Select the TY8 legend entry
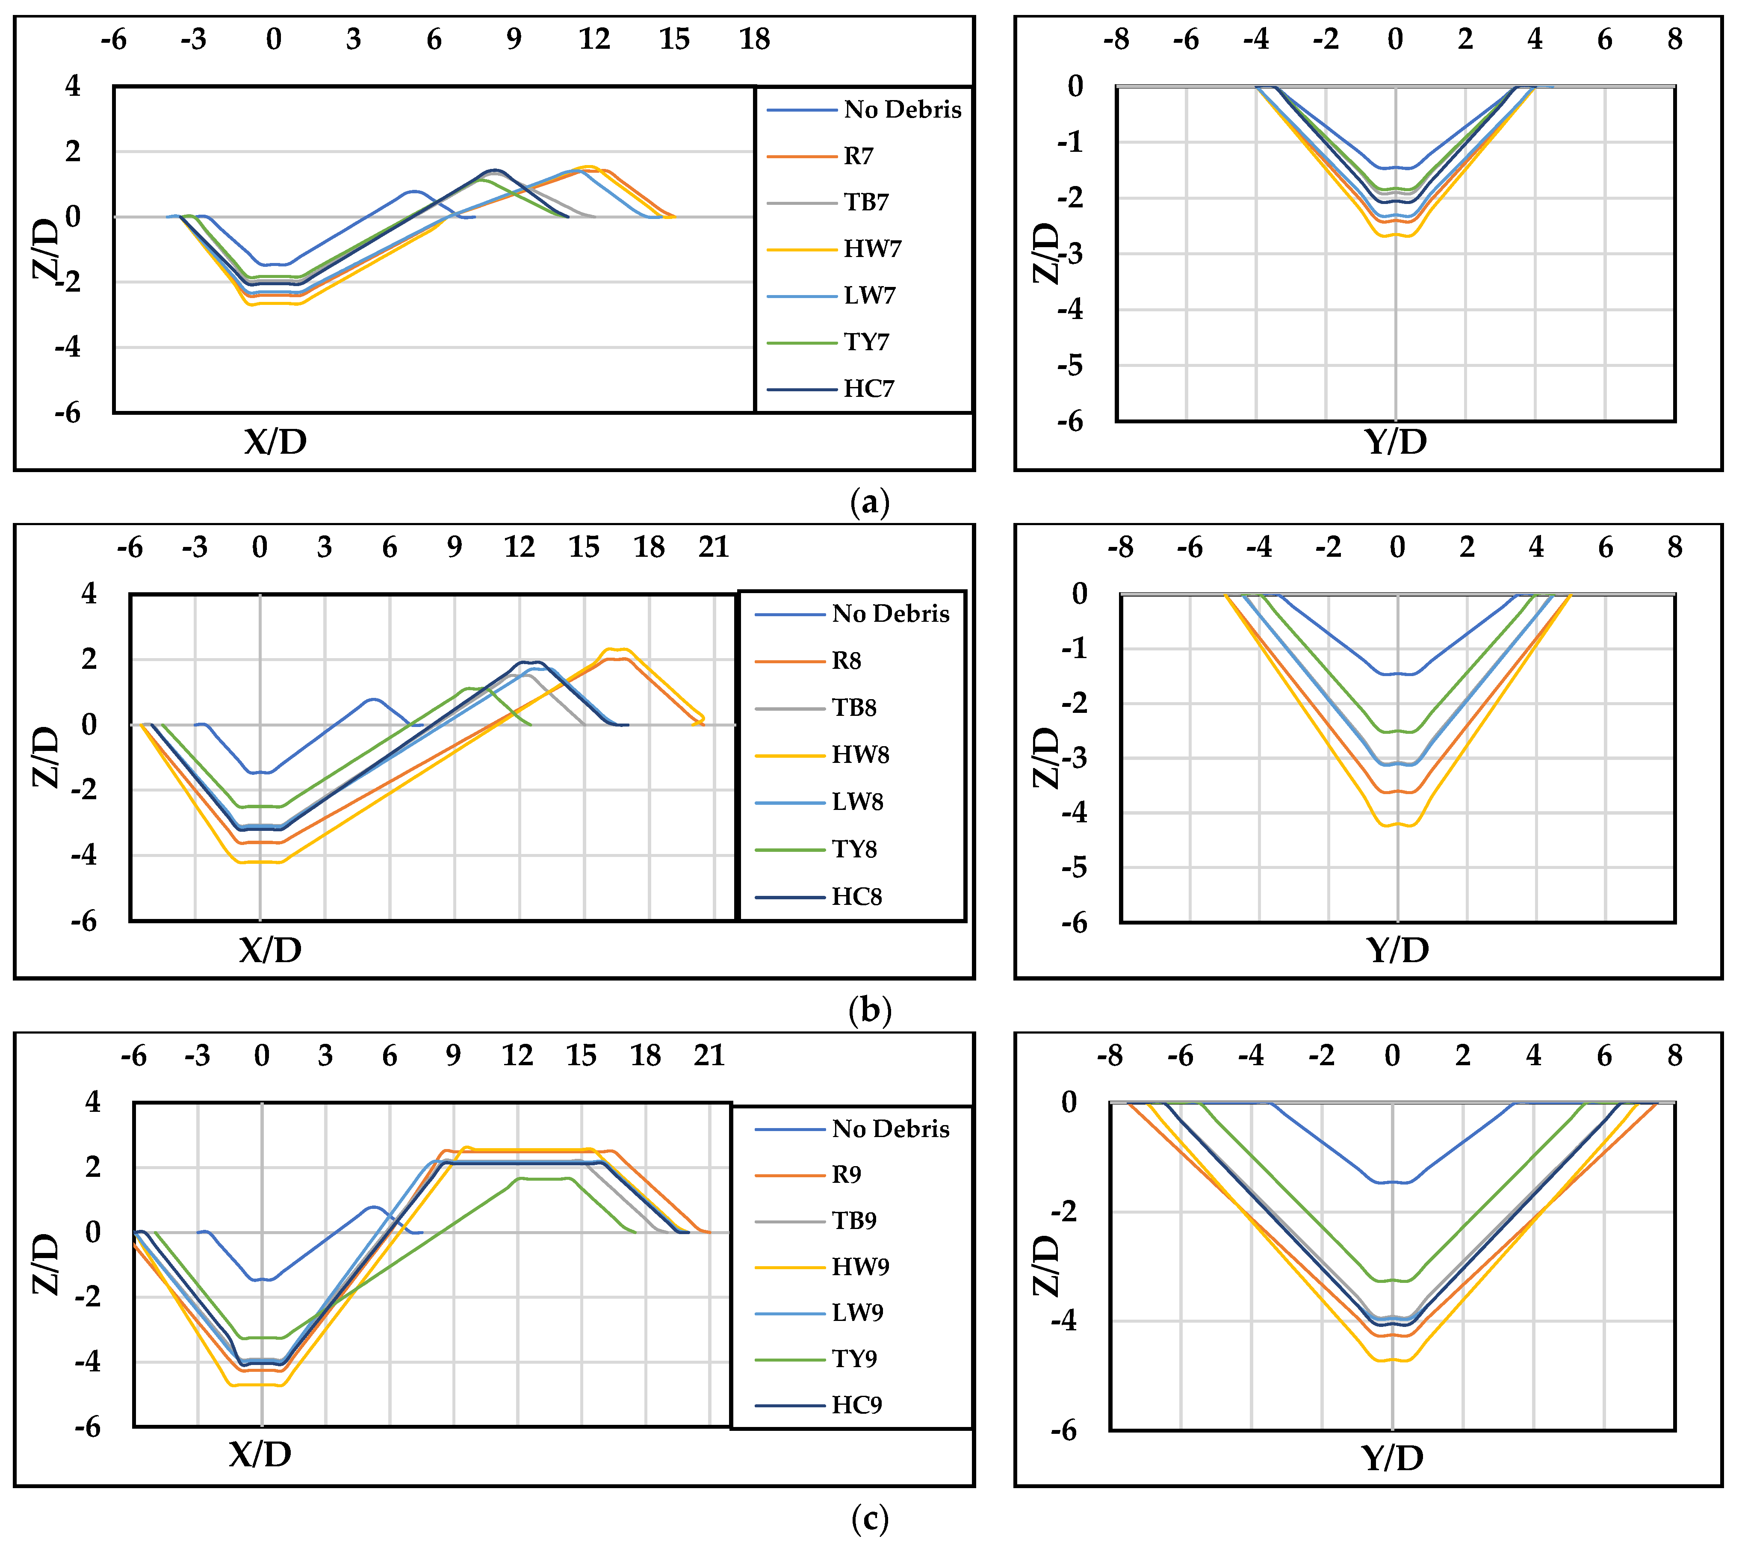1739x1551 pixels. [854, 850]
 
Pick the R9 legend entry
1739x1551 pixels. [846, 1175]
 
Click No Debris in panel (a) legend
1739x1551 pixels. [901, 110]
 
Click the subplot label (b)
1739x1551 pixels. [870, 1011]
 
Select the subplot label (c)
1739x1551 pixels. [870, 1519]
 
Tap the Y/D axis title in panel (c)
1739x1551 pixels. [1392, 1458]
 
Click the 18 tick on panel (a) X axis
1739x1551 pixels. [754, 39]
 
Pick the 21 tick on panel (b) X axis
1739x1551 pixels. [714, 547]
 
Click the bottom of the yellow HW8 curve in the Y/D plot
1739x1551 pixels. [1397, 824]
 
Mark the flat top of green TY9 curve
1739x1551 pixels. [545, 1179]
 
